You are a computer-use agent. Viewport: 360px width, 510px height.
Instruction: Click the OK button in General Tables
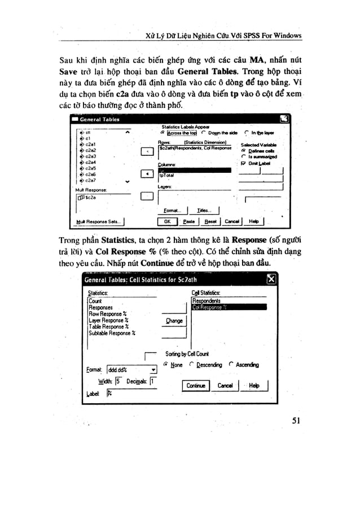click(167, 222)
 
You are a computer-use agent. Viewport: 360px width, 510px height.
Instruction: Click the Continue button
click(195, 386)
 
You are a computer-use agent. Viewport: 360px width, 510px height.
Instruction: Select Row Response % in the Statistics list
click(107, 313)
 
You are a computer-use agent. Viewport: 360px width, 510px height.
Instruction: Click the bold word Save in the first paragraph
click(72, 72)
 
